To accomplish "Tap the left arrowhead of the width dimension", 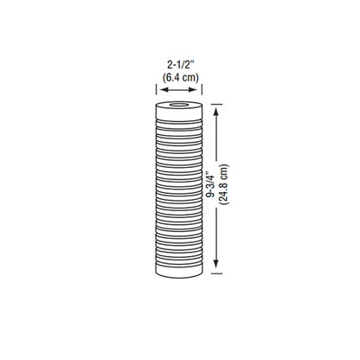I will coord(159,88).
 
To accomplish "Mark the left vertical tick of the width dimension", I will coord(156,88).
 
